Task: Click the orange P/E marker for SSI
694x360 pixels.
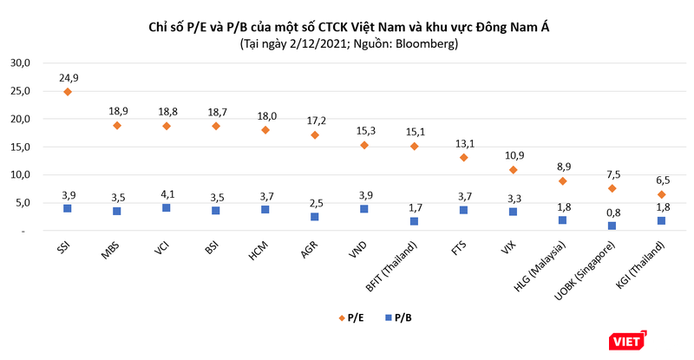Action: click(x=67, y=91)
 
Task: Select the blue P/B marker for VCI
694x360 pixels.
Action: click(x=167, y=208)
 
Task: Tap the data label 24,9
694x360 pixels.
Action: click(x=69, y=77)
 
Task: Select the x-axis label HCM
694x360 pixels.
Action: click(x=259, y=249)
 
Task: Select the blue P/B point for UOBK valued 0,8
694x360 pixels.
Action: click(x=612, y=226)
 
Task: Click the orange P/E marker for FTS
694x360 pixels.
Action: click(x=464, y=158)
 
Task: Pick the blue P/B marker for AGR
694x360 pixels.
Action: click(x=315, y=217)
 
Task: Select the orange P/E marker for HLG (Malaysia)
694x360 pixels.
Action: click(x=563, y=181)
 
